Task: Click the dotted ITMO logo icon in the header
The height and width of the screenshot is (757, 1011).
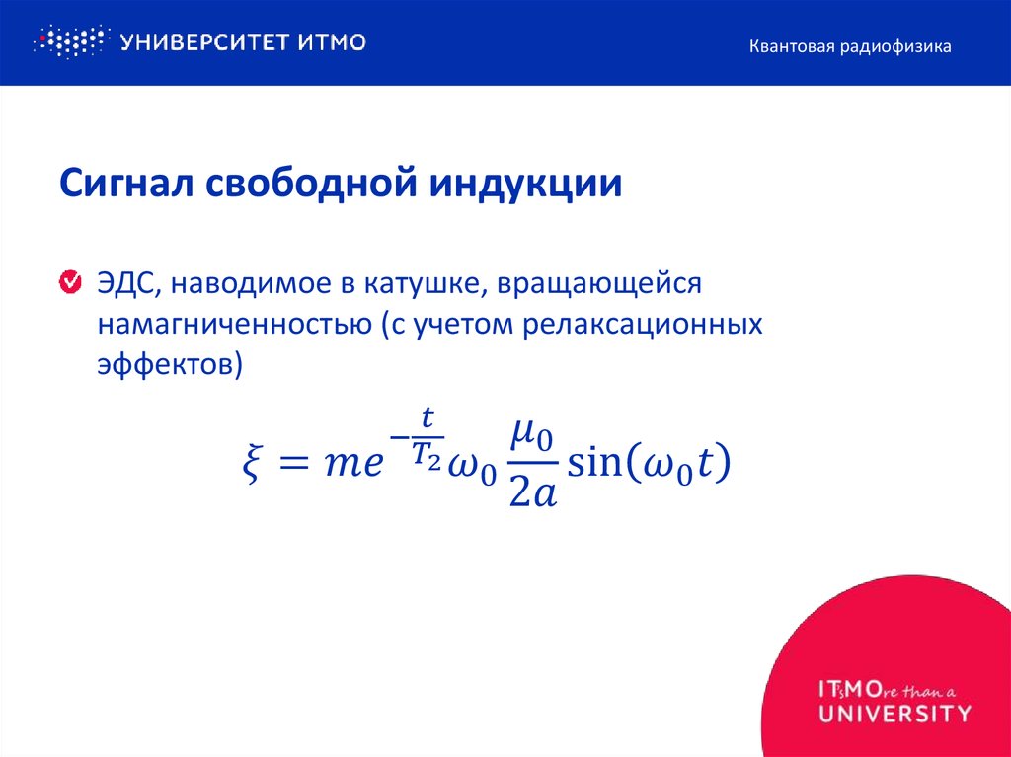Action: tap(69, 41)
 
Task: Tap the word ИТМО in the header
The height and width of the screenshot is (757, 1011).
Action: tap(331, 42)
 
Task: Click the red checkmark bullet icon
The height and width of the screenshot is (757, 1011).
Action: tap(71, 284)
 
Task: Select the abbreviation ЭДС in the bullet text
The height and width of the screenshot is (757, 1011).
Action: tap(122, 284)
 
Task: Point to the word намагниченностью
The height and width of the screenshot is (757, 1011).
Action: tap(232, 325)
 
